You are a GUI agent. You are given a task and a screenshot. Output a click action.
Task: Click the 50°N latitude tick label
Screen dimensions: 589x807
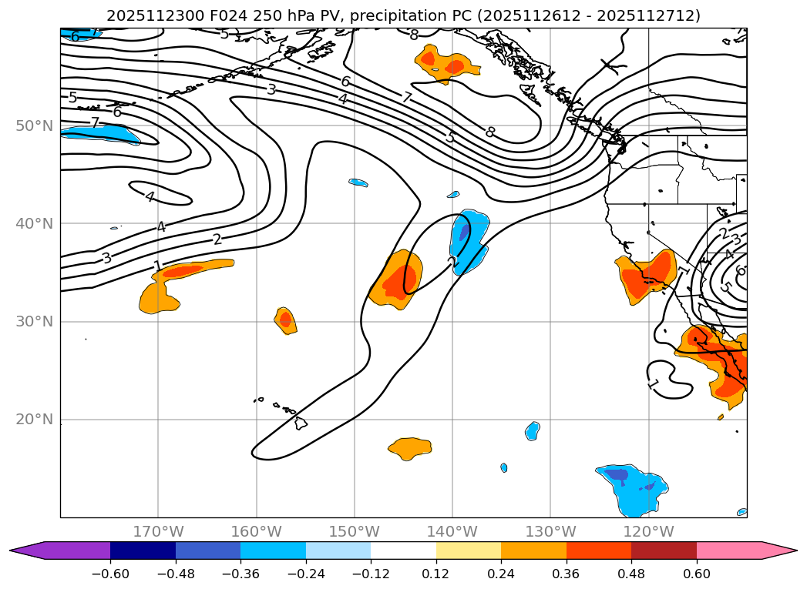click(x=35, y=125)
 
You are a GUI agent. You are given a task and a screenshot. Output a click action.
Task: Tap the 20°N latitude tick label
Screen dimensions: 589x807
click(x=35, y=420)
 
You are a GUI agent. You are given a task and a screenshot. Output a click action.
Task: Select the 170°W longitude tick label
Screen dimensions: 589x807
click(x=158, y=531)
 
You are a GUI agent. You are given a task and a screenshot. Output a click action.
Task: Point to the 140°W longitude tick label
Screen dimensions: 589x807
click(x=452, y=531)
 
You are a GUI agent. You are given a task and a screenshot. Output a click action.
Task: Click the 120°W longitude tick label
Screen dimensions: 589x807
click(x=648, y=531)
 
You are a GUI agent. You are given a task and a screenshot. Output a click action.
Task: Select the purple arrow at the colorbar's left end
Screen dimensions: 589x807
click(x=27, y=550)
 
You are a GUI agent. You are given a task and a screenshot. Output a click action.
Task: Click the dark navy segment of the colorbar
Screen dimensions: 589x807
click(x=143, y=550)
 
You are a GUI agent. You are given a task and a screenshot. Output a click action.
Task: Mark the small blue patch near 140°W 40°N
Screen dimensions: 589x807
click(x=468, y=241)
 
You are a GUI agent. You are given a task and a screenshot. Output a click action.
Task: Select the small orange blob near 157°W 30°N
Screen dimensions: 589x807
click(x=286, y=320)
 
